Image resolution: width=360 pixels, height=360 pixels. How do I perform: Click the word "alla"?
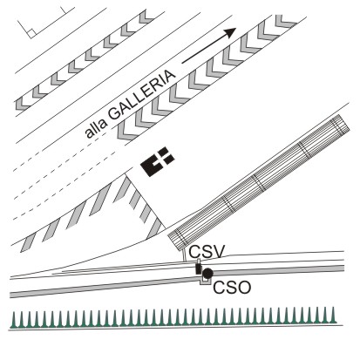[x=96, y=128]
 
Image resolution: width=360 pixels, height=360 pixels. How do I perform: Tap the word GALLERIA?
[x=142, y=95]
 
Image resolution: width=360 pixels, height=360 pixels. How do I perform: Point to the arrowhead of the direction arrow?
[x=230, y=32]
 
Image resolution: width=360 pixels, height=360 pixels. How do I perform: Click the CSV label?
[x=207, y=252]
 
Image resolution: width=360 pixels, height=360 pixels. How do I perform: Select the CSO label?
[x=232, y=288]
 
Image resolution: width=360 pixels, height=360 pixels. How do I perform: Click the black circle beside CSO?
[x=207, y=273]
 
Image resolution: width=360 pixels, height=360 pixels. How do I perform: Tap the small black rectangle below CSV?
[x=199, y=268]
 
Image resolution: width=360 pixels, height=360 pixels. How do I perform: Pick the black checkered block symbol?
[x=157, y=161]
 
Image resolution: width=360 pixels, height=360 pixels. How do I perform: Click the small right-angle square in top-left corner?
[x=31, y=33]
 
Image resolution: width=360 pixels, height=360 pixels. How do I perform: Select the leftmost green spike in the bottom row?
[x=13, y=320]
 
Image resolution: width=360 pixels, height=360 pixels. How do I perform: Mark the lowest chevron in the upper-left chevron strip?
[x=22, y=104]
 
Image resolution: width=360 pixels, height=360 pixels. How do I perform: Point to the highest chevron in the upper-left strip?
[x=146, y=17]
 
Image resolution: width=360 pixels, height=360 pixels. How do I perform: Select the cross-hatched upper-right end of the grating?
[x=341, y=125]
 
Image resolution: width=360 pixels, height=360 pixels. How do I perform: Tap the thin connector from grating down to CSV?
[x=184, y=255]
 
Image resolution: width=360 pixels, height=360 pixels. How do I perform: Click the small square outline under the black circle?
[x=205, y=281]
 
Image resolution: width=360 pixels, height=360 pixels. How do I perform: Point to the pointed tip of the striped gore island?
[x=125, y=174]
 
